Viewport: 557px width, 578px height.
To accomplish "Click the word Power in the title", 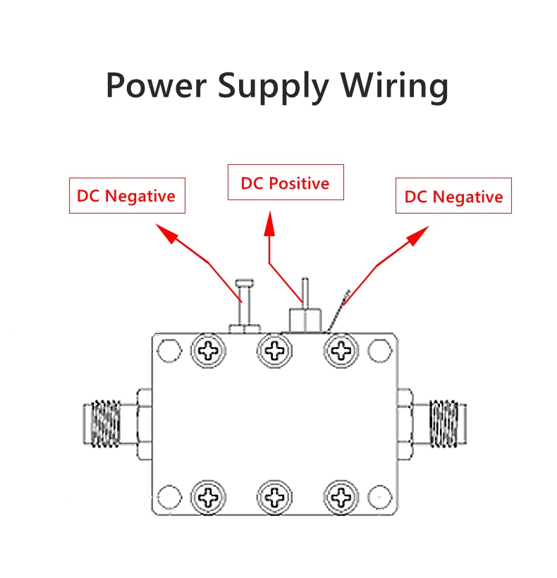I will coord(156,85).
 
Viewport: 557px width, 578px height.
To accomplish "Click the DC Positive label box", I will coord(285,183).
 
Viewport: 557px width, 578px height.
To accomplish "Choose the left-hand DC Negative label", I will coord(126,195).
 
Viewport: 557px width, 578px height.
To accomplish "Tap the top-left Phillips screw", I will coord(209,350).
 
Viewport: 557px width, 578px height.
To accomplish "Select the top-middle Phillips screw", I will coord(274,350).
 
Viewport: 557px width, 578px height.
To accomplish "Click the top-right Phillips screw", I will coord(341,350).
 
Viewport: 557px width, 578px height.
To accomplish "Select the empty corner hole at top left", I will coord(169,349).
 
